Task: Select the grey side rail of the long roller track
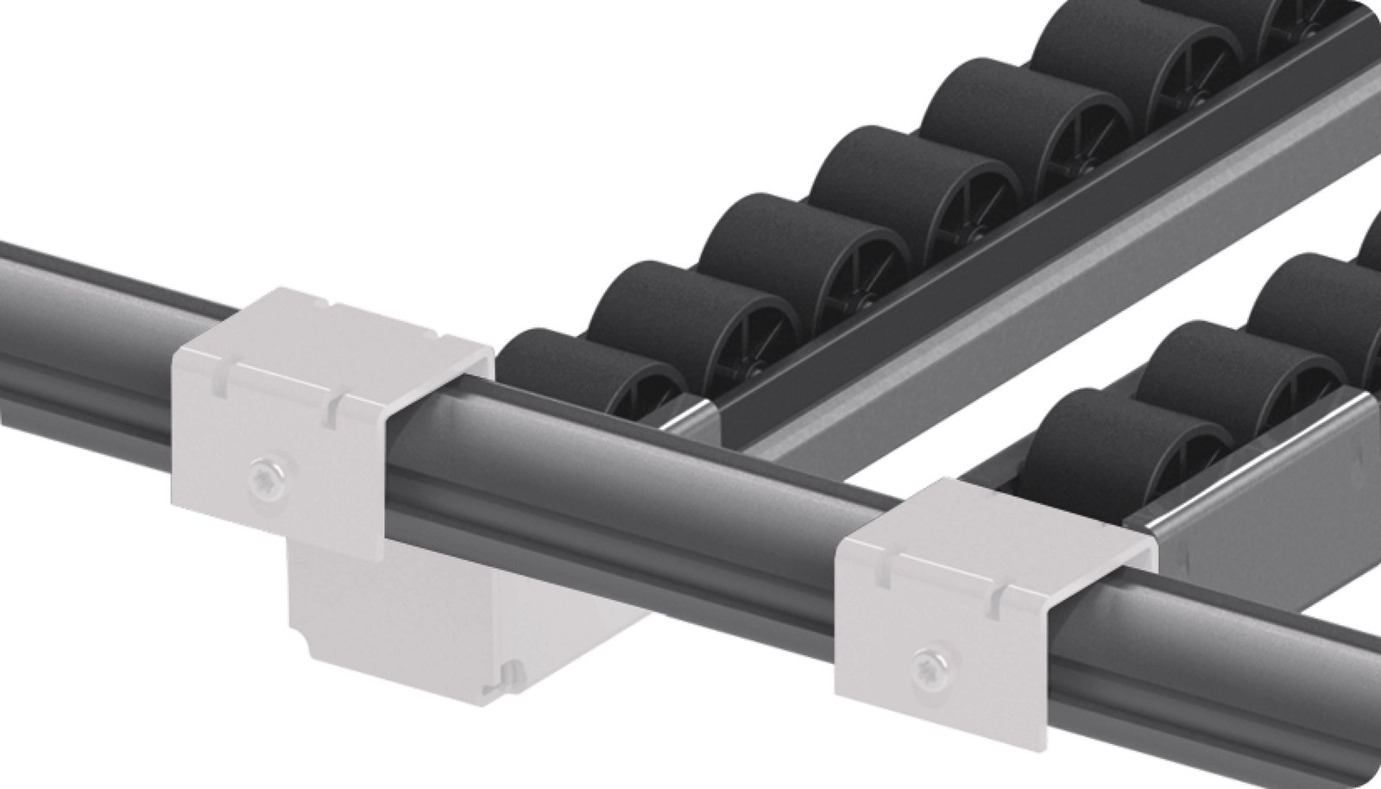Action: tap(1036, 285)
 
